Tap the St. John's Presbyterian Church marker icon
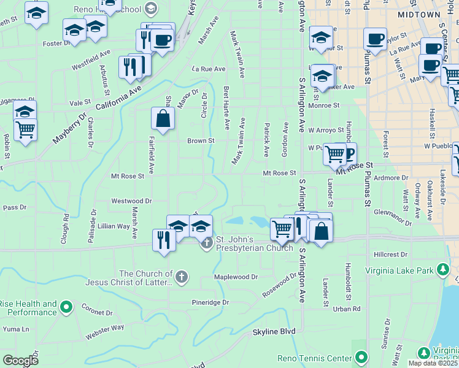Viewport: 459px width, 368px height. tap(207, 243)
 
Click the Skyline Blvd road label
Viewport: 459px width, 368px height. tap(274, 332)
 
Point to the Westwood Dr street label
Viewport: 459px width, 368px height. tap(131, 201)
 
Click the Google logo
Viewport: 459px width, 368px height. tap(20, 360)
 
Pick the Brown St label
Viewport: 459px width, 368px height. tap(201, 140)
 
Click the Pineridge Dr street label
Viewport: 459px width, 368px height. tap(210, 302)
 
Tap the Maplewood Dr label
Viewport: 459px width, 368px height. tap(236, 277)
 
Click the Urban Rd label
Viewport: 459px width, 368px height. tap(347, 309)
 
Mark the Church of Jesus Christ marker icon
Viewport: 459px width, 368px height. tap(180, 277)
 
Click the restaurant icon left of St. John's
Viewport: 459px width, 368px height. tap(163, 239)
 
